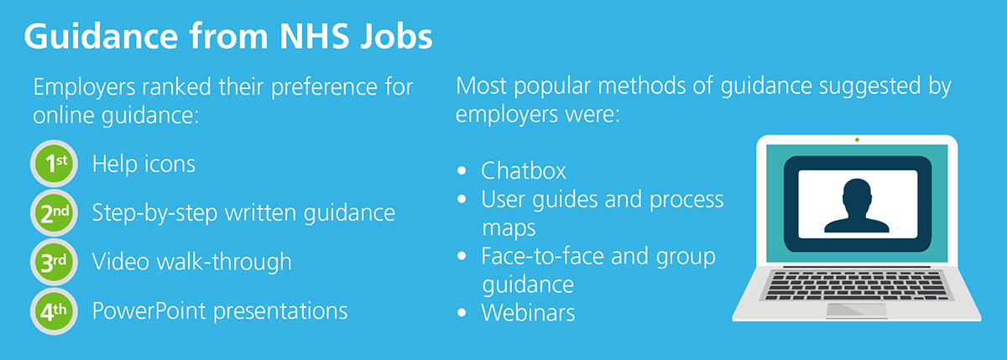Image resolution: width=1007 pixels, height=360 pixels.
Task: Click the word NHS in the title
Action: point(314,36)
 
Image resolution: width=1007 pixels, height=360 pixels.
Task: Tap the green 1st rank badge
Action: point(54,164)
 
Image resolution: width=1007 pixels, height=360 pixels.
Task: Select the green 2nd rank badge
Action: point(54,212)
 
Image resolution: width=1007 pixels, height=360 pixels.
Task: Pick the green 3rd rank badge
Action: point(54,262)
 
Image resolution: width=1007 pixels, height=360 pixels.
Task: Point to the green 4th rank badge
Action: point(54,311)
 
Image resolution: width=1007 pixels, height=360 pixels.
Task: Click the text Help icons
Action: point(143,164)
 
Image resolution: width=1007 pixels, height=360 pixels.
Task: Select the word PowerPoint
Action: point(149,311)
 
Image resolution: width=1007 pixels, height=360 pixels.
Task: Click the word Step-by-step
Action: point(154,213)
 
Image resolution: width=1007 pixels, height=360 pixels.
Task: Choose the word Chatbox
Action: point(524,171)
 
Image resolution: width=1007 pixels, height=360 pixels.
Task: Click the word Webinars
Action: point(528,313)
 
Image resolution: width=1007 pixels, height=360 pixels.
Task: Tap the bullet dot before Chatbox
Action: point(462,171)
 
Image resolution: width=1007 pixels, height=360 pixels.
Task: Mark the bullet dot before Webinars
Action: point(462,313)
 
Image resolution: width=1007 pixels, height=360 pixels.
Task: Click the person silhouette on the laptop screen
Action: point(857,206)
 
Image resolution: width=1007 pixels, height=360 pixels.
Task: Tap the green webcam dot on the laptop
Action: point(857,140)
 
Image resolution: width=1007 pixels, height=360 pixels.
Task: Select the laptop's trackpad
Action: point(857,310)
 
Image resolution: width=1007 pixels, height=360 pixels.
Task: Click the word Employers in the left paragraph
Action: point(84,87)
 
